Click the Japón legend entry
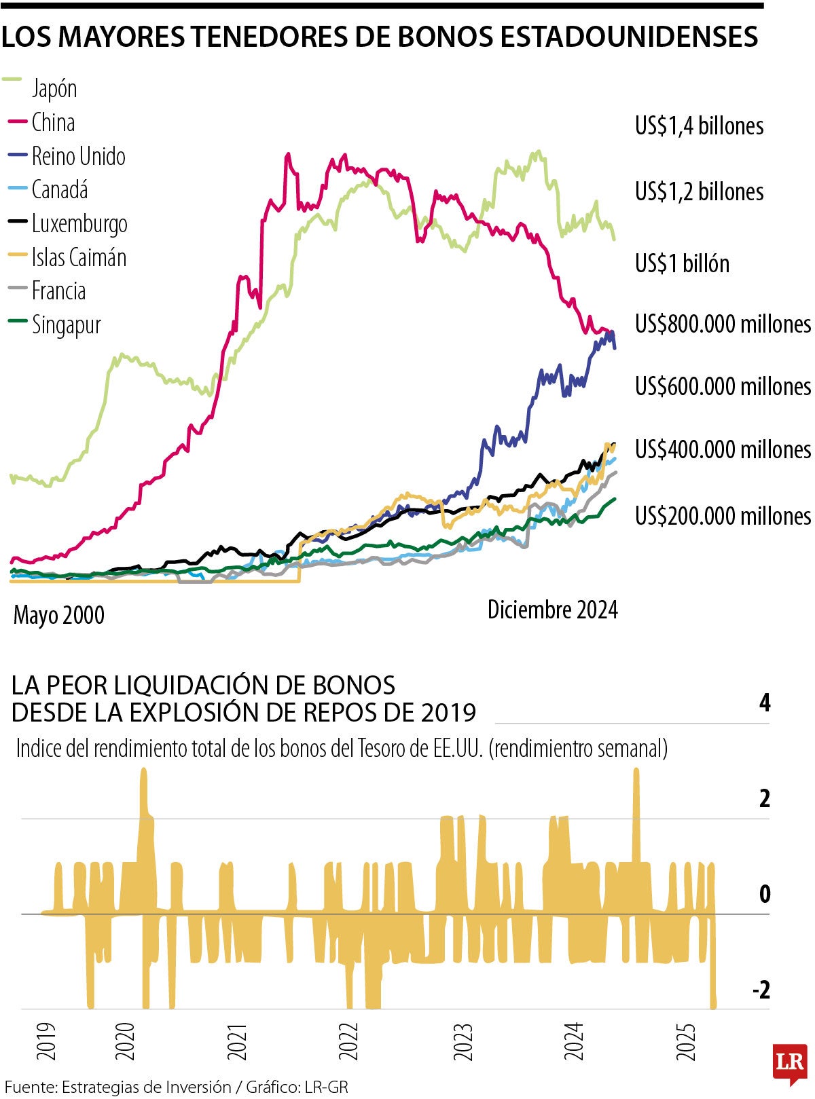tap(54, 89)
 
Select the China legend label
tap(53, 123)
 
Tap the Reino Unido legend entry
tap(78, 157)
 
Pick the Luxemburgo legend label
tap(79, 224)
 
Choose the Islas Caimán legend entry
tap(79, 258)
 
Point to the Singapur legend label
tap(66, 325)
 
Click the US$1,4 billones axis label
tap(699, 126)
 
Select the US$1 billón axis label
tap(682, 263)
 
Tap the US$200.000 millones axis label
tap(723, 516)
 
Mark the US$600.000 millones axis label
tap(723, 386)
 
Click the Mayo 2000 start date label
tap(59, 615)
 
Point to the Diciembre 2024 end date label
tap(552, 610)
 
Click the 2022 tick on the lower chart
tap(348, 1042)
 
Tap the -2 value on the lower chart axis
tap(761, 990)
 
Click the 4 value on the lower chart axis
tap(765, 703)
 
